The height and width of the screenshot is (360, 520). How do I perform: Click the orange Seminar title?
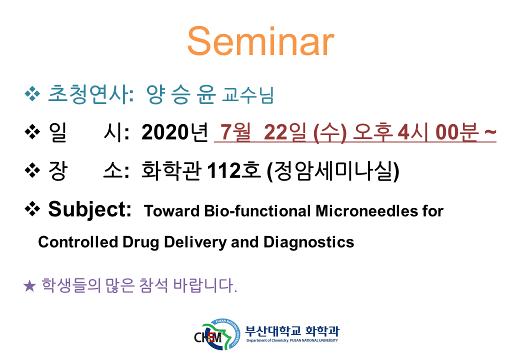260,42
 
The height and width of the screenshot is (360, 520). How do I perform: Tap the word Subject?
89,209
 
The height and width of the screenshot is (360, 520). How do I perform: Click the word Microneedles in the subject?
366,211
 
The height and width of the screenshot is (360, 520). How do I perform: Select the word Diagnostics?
309,242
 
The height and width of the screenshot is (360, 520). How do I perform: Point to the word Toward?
172,211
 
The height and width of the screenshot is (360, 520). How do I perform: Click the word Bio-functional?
257,211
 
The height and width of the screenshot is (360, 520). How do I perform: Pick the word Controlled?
78,242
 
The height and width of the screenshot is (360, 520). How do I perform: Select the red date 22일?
285,132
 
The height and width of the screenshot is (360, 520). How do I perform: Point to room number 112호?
233,170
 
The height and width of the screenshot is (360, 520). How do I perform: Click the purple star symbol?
29,286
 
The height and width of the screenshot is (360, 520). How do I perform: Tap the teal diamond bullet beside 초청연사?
32,94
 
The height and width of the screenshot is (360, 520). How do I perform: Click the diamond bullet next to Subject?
32,209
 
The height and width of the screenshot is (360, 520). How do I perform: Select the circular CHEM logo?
217,334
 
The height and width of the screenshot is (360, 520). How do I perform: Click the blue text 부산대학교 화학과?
292,330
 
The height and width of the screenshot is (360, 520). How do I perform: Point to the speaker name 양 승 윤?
181,94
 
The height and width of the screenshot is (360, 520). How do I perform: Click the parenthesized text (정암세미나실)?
333,171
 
